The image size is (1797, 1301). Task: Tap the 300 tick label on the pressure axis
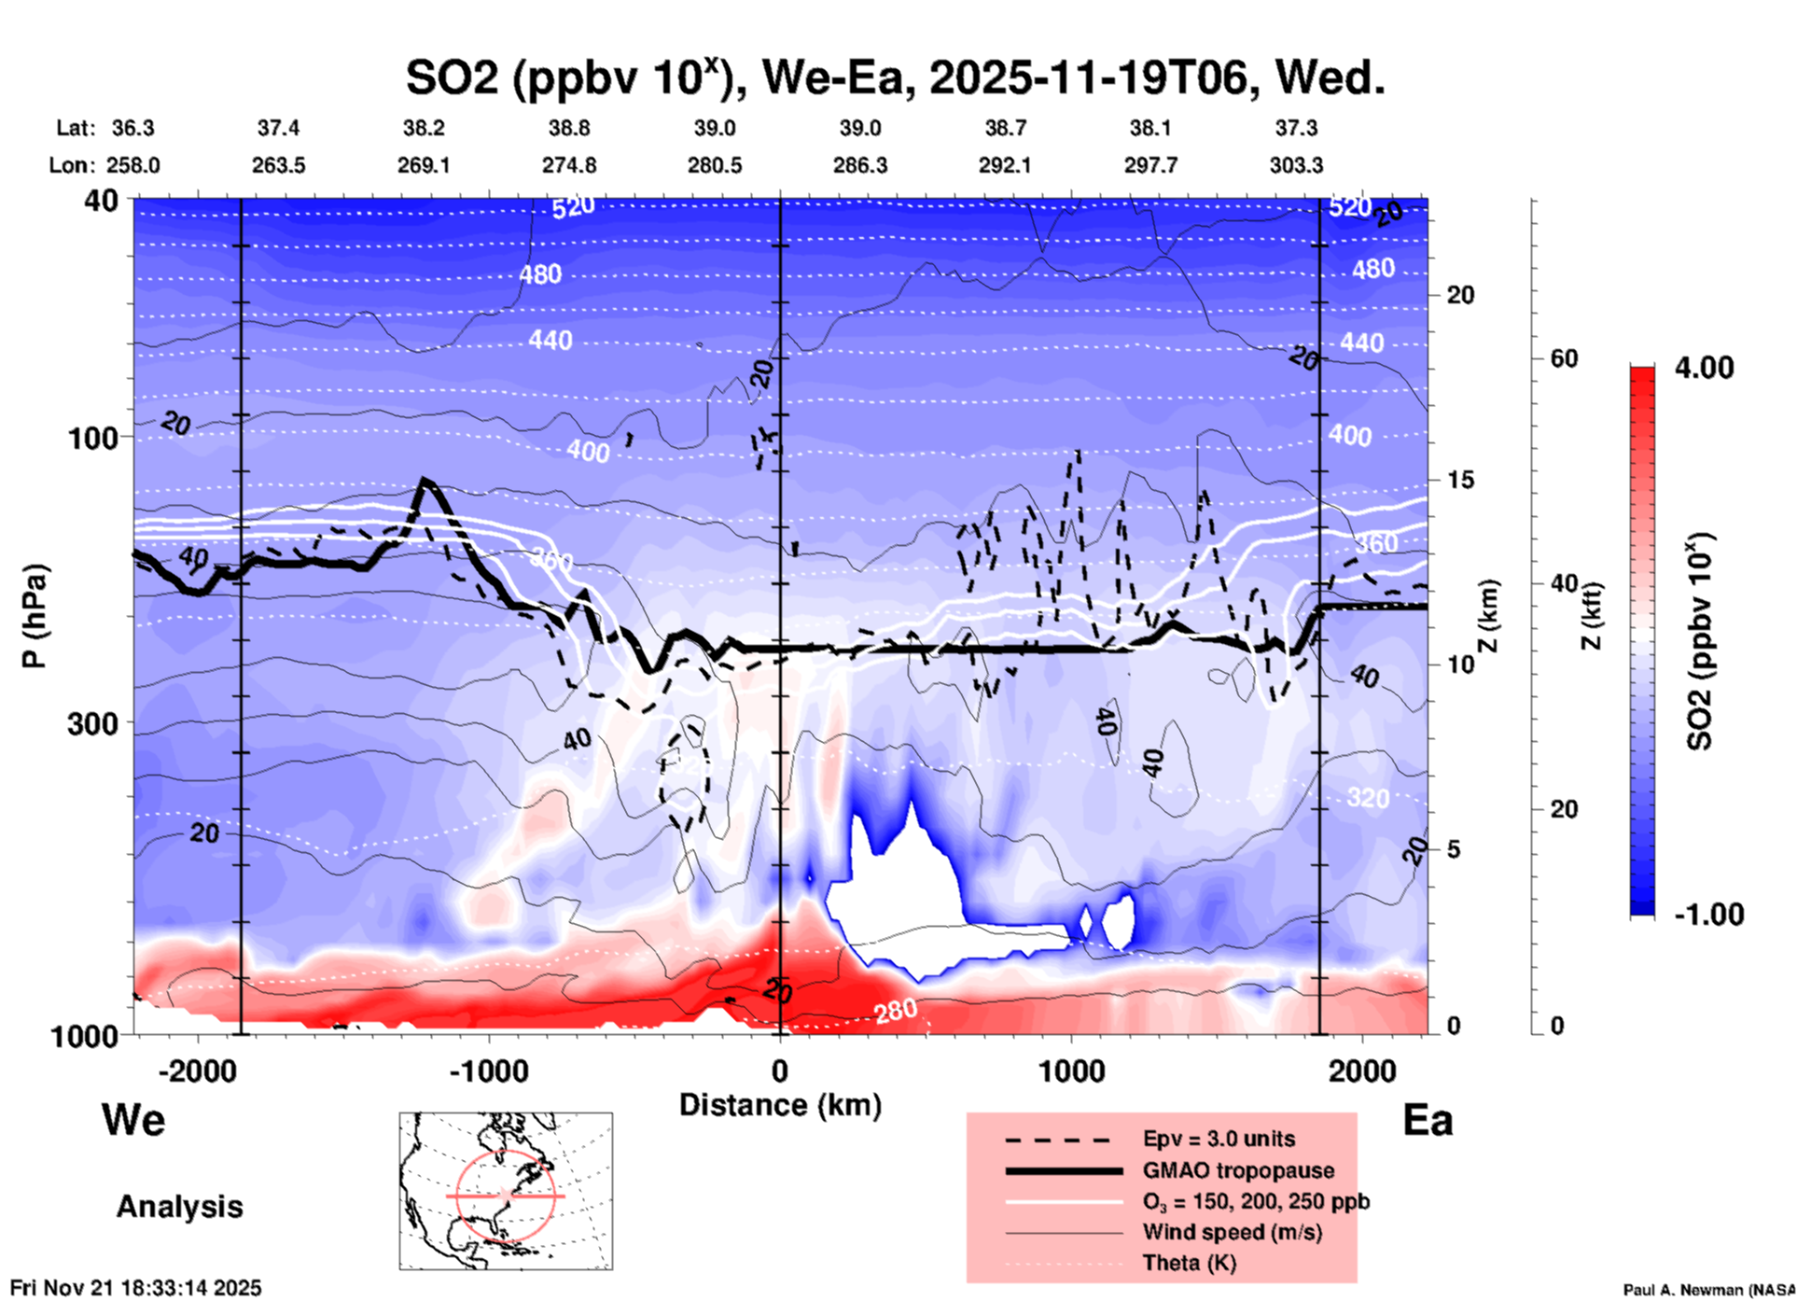click(x=92, y=723)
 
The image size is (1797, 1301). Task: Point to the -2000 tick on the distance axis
click(x=197, y=1071)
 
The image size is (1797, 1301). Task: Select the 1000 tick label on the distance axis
click(x=1071, y=1071)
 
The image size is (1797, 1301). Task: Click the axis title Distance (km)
click(x=780, y=1105)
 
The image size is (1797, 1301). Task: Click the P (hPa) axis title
click(x=35, y=616)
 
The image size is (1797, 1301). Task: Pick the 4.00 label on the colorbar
click(x=1704, y=368)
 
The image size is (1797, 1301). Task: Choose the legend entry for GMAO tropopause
click(x=1238, y=1170)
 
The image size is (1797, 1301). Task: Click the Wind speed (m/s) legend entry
click(x=1232, y=1232)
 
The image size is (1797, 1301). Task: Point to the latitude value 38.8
click(x=569, y=128)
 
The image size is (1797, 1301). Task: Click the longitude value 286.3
click(x=859, y=165)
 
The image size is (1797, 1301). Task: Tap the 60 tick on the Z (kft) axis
click(x=1564, y=358)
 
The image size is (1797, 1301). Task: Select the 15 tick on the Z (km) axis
click(x=1459, y=480)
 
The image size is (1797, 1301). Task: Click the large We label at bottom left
click(x=133, y=1119)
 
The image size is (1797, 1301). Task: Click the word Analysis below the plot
click(x=179, y=1207)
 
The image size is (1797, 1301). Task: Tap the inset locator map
click(x=506, y=1190)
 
